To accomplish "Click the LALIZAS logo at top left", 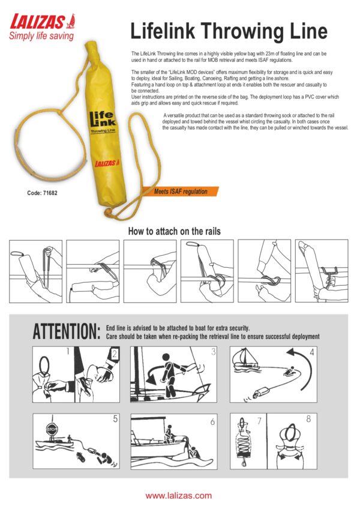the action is [x=43, y=22].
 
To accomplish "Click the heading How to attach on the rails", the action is [x=175, y=231].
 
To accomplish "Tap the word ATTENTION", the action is [x=67, y=331].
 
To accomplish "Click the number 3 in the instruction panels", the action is [x=213, y=352].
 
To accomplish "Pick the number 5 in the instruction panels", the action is [x=115, y=419].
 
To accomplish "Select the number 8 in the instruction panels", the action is [x=309, y=419].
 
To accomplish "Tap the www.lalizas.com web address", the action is [x=179, y=496].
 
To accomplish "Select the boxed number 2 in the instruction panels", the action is [x=114, y=354].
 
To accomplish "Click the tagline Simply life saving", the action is [x=41, y=35].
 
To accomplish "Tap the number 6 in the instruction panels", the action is [x=212, y=422].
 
